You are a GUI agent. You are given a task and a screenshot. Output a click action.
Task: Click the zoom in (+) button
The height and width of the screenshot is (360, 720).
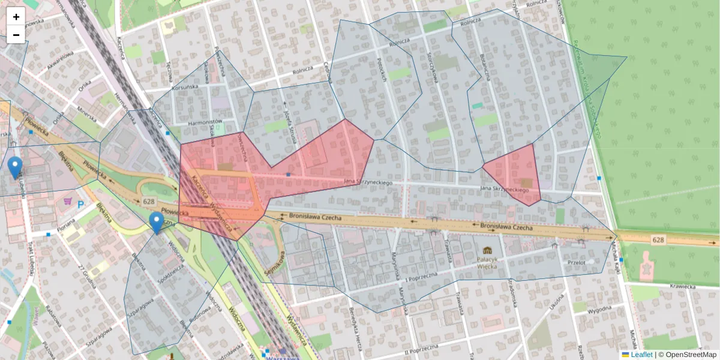click(16, 17)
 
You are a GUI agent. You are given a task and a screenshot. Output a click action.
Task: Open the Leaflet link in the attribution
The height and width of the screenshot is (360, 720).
click(637, 355)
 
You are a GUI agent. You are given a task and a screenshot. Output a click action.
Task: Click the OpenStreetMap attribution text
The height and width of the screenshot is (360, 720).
click(688, 355)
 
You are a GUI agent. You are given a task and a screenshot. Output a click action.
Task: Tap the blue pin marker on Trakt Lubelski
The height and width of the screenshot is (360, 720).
click(16, 167)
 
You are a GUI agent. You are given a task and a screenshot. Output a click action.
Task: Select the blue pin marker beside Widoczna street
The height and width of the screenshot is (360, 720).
click(157, 222)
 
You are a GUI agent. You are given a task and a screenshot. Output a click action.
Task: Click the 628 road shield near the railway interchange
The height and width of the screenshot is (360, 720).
click(149, 202)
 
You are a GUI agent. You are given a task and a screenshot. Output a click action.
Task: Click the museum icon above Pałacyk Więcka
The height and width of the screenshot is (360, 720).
click(486, 250)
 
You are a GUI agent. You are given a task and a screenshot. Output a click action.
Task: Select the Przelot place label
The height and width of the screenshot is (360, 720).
click(575, 262)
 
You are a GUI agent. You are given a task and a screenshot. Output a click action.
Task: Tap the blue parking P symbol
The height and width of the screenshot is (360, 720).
click(81, 204)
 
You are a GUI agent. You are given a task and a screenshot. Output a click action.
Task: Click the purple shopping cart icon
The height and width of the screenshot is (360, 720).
click(71, 202)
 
